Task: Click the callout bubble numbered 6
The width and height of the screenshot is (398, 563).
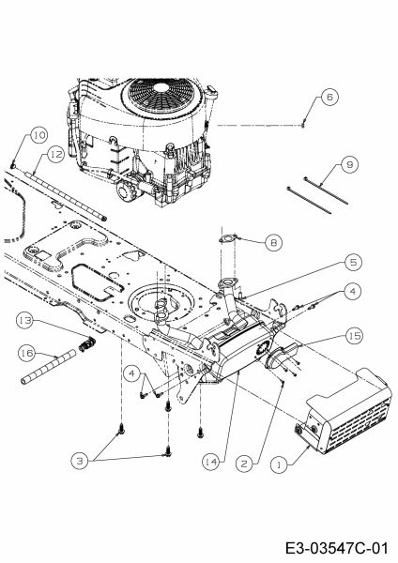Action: pos(329,97)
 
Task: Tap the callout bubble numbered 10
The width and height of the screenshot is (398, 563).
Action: pos(38,135)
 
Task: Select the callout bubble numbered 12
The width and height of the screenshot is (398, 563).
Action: pos(55,155)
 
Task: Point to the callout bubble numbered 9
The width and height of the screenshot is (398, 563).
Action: pos(350,165)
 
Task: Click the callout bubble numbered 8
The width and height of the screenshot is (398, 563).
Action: pos(274,243)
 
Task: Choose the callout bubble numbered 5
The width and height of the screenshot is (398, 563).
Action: pos(353,262)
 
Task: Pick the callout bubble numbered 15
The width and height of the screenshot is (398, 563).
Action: pos(354,336)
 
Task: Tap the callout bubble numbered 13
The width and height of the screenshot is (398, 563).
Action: pos(24,320)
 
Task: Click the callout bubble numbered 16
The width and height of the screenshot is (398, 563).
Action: pos(26,353)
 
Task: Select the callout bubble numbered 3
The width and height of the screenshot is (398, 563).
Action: pos(80,461)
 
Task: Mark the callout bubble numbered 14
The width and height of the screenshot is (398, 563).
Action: pos(211,462)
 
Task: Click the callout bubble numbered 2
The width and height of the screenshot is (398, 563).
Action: pos(244,464)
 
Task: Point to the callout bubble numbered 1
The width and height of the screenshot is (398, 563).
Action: pos(280,465)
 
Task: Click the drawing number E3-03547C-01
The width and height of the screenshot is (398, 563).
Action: pos(337,549)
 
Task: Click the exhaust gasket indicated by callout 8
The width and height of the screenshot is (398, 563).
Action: pos(228,238)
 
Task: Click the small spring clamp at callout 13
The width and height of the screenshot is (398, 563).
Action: pos(87,344)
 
